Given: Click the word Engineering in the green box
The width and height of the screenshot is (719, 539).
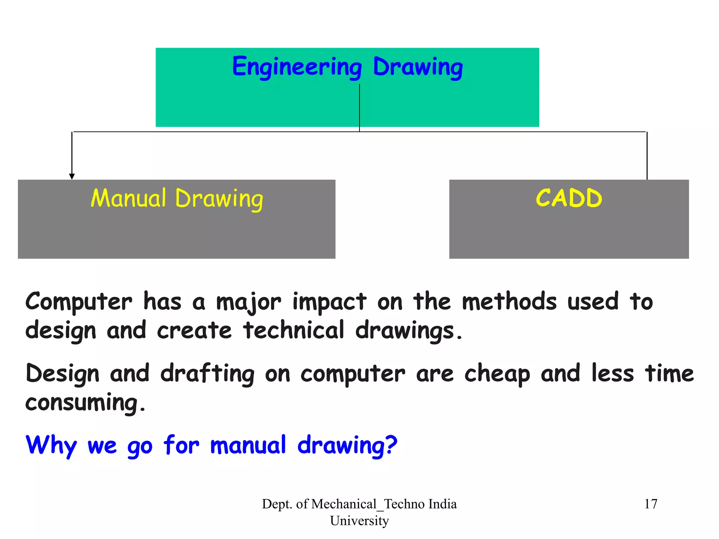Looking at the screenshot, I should click(x=297, y=67).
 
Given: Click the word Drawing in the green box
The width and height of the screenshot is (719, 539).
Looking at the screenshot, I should click(x=418, y=67).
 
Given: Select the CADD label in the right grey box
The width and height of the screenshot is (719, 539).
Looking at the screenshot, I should click(x=569, y=198).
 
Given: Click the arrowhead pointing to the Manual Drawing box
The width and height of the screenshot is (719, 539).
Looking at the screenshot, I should click(x=72, y=176).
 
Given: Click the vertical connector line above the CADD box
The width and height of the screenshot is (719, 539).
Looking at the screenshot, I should click(x=647, y=156).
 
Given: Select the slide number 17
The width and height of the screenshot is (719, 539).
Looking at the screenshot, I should click(x=651, y=504).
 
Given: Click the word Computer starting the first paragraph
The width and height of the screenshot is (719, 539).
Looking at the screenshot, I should click(x=79, y=302).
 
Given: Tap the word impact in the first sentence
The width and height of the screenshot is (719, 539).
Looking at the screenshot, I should click(x=329, y=302).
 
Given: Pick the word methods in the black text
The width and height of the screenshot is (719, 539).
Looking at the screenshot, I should click(x=509, y=302).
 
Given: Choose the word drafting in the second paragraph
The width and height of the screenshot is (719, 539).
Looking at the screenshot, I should click(x=207, y=374).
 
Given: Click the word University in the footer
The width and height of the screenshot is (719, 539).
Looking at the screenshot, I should click(x=359, y=521).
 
